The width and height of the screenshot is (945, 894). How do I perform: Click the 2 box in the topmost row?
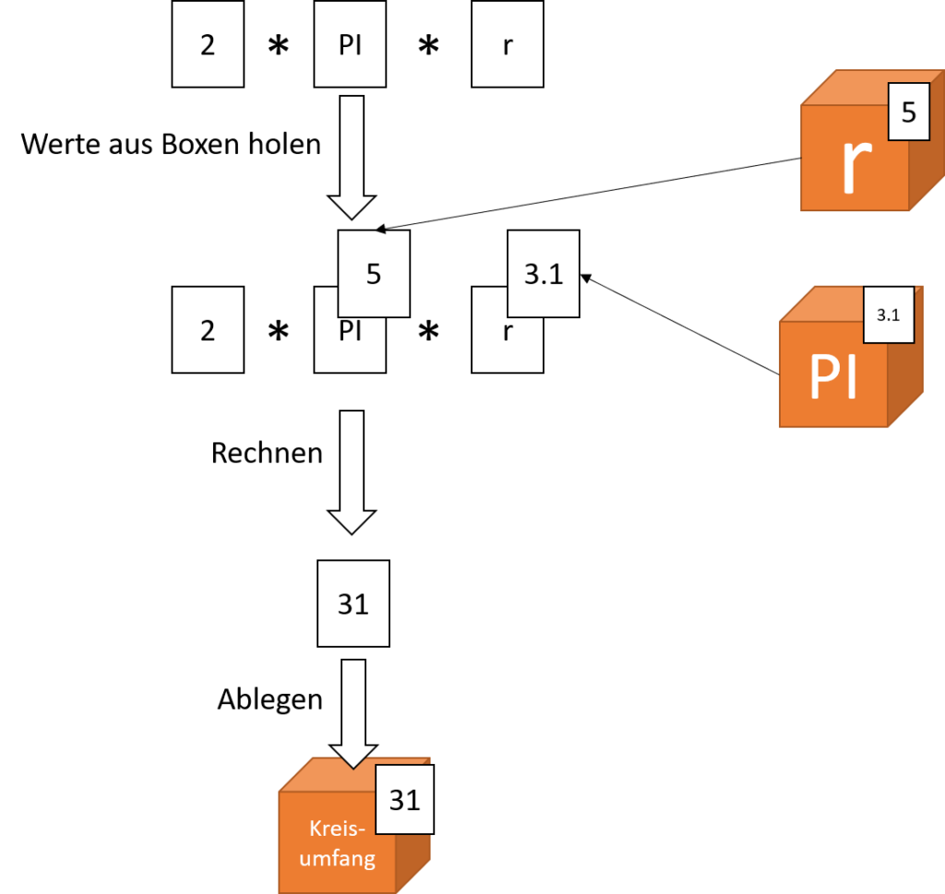[x=208, y=44]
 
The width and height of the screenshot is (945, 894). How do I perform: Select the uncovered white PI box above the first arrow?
[x=350, y=44]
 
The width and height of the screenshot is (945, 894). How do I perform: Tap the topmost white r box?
[x=507, y=44]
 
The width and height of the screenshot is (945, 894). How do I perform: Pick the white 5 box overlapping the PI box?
[x=374, y=273]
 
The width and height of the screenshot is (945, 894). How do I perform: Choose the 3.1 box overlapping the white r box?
[x=544, y=273]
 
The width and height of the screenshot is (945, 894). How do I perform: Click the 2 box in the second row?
[x=208, y=329]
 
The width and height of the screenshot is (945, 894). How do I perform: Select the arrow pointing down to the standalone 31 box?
[x=351, y=471]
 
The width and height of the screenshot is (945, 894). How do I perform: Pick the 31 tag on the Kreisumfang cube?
[x=404, y=799]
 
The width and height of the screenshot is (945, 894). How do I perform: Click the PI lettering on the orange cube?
[x=832, y=375]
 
